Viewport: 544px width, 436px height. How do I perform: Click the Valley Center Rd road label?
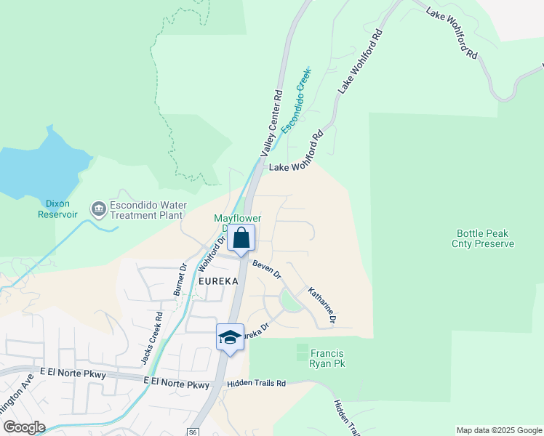pyautogui.click(x=272, y=124)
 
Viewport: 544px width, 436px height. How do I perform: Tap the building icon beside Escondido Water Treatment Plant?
pyautogui.click(x=97, y=209)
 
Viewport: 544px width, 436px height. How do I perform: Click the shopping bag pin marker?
pyautogui.click(x=241, y=238)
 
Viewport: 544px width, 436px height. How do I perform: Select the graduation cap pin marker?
pyautogui.click(x=230, y=337)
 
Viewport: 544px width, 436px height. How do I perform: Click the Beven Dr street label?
pyautogui.click(x=267, y=268)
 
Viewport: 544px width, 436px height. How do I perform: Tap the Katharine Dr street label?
pyautogui.click(x=322, y=304)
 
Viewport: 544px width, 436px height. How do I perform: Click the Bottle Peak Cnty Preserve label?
pyautogui.click(x=485, y=239)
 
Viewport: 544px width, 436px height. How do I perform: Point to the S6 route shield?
pyautogui.click(x=193, y=432)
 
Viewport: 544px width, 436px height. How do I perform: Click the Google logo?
pyautogui.click(x=24, y=427)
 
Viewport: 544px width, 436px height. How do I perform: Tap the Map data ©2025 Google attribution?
pyautogui.click(x=498, y=430)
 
